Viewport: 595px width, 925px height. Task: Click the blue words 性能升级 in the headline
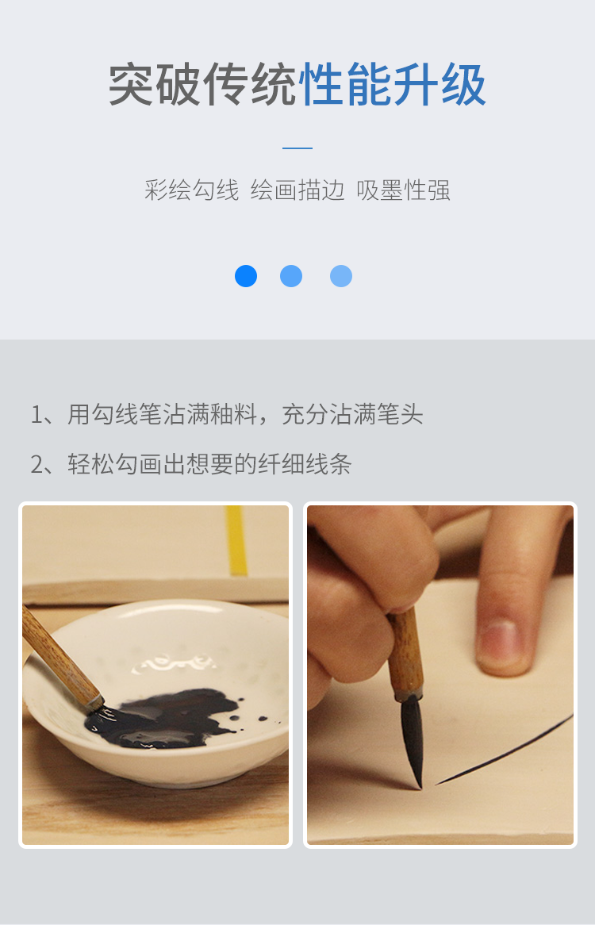coord(393,85)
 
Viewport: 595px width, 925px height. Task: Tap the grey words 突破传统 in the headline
coord(203,85)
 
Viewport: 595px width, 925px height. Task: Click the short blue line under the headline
coord(297,148)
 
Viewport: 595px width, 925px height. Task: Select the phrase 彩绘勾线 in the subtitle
coord(192,190)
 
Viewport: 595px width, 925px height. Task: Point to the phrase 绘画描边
coord(297,190)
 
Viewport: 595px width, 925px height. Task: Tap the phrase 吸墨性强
coord(403,190)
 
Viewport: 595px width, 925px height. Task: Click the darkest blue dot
coord(246,276)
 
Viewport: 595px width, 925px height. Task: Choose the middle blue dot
coord(291,276)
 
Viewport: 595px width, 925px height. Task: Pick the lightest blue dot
coord(341,276)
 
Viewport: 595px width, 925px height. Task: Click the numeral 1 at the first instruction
coord(36,415)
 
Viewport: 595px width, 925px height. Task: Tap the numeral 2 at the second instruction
coord(37,465)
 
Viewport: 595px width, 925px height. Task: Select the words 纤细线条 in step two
coord(305,464)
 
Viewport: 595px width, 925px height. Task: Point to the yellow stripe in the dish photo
coord(236,539)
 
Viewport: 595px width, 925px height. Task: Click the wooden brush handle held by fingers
coord(405,652)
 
